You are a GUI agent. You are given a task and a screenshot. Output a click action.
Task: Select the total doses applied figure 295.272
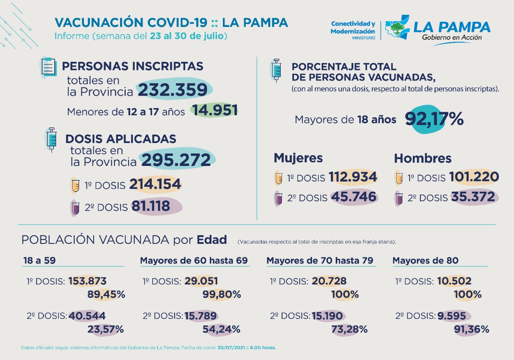pos(176,160)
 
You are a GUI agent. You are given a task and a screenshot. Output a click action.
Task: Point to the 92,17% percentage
pos(434,119)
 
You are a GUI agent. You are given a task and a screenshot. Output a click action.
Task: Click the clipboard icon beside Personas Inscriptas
pos(49,67)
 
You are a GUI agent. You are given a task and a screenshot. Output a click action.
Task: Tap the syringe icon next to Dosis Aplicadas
pos(52,139)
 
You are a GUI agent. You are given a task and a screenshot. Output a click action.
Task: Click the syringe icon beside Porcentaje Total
pos(276,70)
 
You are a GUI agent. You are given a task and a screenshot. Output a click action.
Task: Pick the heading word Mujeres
pos(298,158)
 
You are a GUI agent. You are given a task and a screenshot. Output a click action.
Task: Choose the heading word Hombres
pos(423,158)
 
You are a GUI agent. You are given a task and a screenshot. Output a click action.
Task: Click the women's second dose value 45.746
pos(354,197)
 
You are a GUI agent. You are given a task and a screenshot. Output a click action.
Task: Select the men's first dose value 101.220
pos(474,177)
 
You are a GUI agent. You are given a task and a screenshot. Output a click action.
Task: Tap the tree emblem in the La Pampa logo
pos(397,29)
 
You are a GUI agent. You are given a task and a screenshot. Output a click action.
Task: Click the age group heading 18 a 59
pos(39,260)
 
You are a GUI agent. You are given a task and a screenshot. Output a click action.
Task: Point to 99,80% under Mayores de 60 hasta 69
pos(221,294)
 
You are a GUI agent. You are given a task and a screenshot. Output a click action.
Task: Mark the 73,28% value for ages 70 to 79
pos(349,329)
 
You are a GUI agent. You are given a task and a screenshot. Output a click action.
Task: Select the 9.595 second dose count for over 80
pos(452,316)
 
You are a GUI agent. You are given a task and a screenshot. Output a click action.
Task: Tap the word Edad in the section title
pos(212,240)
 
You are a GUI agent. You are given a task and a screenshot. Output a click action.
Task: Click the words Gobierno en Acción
pos(452,37)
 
